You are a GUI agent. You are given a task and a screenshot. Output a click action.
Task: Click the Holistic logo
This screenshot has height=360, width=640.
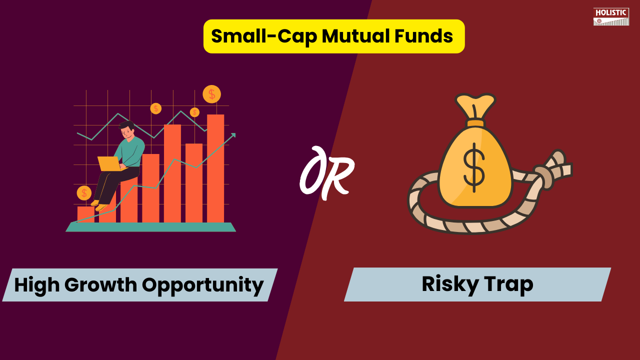[x=611, y=16]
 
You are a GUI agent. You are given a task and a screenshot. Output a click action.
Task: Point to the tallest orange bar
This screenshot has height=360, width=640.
[x=215, y=168]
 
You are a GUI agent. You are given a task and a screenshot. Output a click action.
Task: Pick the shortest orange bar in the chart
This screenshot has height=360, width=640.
[x=85, y=214]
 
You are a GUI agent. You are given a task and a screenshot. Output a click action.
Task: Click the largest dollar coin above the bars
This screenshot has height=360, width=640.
[x=211, y=94]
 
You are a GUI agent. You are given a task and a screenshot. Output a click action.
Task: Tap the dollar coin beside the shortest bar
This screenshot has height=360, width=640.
[x=84, y=193]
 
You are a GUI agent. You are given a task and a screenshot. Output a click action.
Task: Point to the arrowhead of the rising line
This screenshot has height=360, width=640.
[x=232, y=135]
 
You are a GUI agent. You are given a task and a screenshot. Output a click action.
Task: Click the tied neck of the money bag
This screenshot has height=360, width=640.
[x=475, y=123]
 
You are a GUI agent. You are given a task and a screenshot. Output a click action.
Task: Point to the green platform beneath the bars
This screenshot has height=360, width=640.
[x=150, y=227]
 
